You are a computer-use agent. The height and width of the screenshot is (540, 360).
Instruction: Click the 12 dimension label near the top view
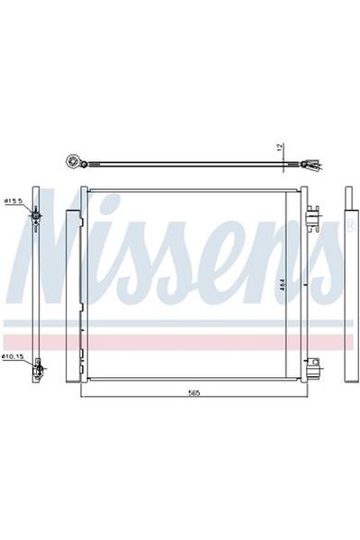point(280,147)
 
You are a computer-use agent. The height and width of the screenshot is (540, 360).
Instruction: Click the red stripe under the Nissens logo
point(180,337)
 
